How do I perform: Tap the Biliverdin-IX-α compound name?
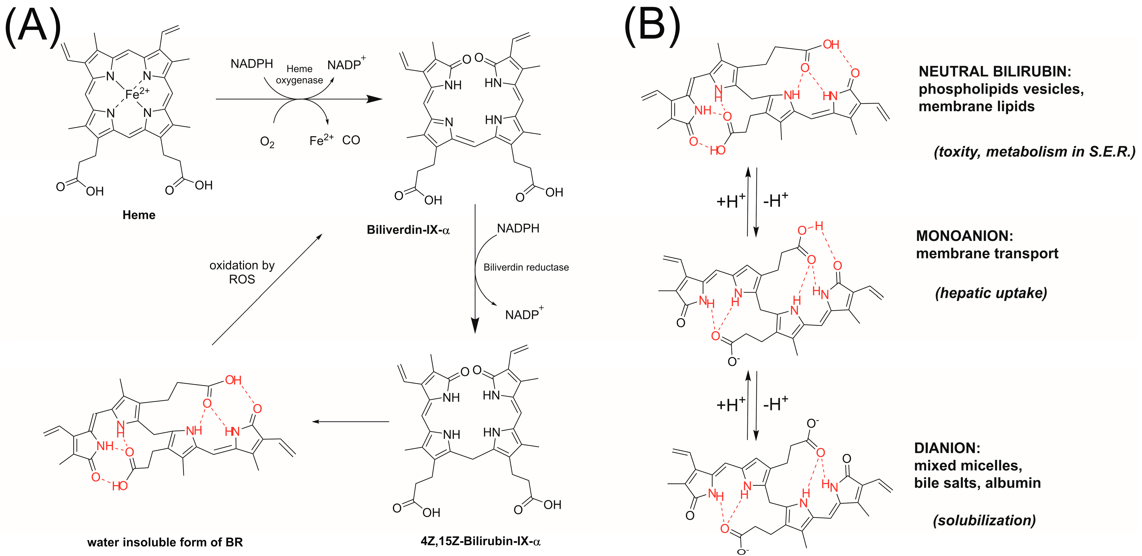408,230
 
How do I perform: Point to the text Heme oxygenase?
299,75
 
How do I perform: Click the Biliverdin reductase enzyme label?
526,267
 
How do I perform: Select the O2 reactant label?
267,142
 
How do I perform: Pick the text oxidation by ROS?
242,272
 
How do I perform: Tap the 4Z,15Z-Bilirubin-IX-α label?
480,541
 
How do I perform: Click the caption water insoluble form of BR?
165,542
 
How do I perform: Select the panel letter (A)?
32,28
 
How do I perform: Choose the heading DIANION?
947,448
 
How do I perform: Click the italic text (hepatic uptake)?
991,293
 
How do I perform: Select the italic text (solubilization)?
984,520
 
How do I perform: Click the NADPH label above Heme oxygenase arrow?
251,64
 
